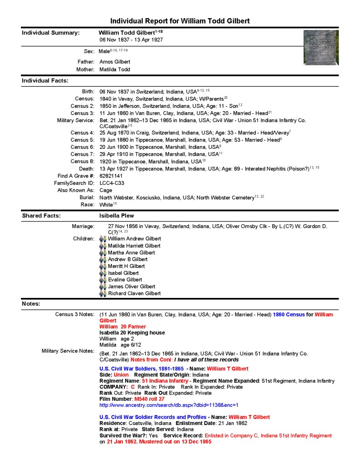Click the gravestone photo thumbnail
pos(321,47)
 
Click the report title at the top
pos(180,21)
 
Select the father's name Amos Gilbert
pos(115,61)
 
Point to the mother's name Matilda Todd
pos(115,70)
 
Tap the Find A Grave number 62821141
pos(112,176)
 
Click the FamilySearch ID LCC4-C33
pos(112,183)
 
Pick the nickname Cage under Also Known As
pos(106,190)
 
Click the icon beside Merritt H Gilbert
pos(103,266)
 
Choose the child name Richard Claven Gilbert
pos(134,293)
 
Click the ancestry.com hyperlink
pos(169,405)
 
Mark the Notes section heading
pos(31,303)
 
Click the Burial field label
pos(87,198)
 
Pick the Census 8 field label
pos(82,161)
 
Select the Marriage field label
pos(83,226)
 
